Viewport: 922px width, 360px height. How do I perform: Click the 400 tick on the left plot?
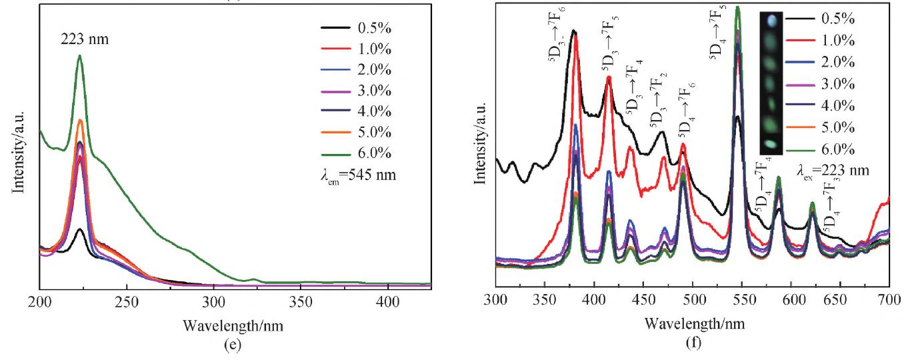(x=387, y=301)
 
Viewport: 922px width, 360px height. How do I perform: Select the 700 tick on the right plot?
(x=889, y=301)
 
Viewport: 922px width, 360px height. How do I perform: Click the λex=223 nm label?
(x=833, y=171)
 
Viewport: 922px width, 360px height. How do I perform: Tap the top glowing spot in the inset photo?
(x=771, y=21)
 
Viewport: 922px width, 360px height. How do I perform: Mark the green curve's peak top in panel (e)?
(x=80, y=56)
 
